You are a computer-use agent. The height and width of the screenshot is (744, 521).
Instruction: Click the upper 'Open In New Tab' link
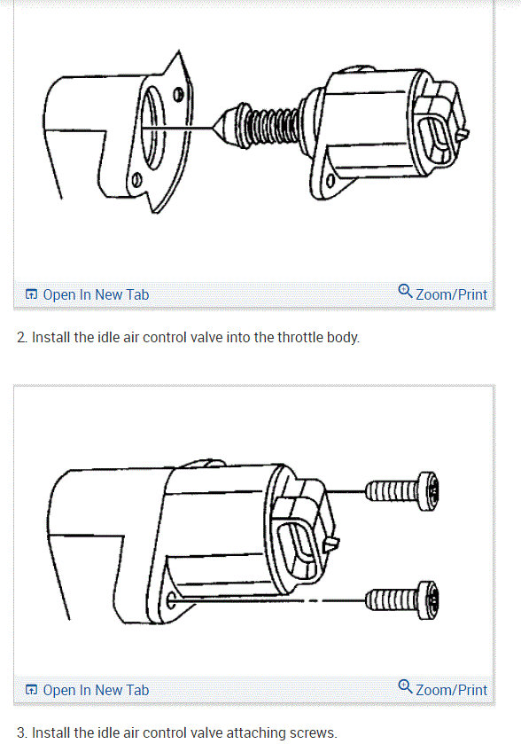coord(96,294)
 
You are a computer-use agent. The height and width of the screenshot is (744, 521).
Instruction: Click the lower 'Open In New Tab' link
coord(96,690)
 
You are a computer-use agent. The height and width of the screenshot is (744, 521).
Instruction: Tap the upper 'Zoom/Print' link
coord(452,294)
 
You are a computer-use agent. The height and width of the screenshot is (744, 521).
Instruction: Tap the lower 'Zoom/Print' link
coord(452,690)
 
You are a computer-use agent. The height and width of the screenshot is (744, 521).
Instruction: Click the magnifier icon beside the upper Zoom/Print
coord(406,292)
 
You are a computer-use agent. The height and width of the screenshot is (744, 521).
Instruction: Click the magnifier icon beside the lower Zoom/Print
coord(406,687)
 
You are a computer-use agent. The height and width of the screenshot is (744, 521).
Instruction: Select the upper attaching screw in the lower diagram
coord(403,489)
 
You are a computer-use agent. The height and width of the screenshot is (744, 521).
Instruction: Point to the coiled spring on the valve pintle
coord(269,125)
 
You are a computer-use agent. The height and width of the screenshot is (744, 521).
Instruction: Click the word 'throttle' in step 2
coord(277,338)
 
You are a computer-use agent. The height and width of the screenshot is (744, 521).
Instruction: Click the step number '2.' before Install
coord(22,338)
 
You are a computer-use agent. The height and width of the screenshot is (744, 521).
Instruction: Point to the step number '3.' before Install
coord(22,732)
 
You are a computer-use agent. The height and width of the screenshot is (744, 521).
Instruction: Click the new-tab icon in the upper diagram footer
coord(31,294)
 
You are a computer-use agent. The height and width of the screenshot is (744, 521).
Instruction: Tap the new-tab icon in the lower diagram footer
coord(31,690)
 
